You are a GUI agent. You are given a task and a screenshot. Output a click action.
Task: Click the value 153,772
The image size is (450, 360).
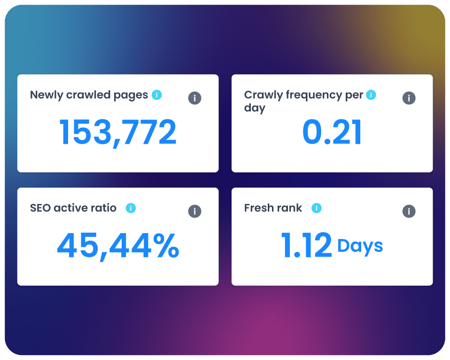point(117,133)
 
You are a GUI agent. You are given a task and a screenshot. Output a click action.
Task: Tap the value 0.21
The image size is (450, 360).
point(332,132)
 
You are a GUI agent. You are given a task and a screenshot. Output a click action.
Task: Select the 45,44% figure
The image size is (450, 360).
point(118,246)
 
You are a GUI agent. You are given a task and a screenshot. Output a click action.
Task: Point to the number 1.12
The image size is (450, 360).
point(307,245)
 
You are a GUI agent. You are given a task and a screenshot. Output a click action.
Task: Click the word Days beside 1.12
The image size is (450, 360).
point(360,246)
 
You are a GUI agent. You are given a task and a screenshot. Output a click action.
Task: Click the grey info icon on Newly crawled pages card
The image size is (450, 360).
point(194,98)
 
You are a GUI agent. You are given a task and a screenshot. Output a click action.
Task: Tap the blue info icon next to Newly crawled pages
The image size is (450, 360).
point(157,95)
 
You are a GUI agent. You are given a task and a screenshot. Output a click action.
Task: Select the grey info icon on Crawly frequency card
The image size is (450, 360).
point(409,98)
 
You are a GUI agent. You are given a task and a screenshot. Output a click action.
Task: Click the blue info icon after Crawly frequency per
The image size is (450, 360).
point(371,95)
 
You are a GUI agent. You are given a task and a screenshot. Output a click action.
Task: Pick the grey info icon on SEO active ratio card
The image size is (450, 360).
point(194,211)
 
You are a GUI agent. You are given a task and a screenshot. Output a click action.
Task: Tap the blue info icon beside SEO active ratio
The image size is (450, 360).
point(131,208)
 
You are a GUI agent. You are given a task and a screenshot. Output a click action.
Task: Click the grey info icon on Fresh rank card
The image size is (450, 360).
point(409,211)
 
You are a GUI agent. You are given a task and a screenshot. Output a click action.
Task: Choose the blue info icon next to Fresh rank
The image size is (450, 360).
point(317,208)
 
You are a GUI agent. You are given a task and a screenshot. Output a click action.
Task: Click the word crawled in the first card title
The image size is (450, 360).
point(88,95)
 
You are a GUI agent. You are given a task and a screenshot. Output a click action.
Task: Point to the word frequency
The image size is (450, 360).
point(314,95)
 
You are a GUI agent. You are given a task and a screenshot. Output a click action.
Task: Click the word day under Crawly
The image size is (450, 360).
point(255,109)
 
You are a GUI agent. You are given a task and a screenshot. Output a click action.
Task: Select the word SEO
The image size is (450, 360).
point(40,208)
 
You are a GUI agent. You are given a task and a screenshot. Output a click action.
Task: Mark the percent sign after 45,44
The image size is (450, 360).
point(166,245)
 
